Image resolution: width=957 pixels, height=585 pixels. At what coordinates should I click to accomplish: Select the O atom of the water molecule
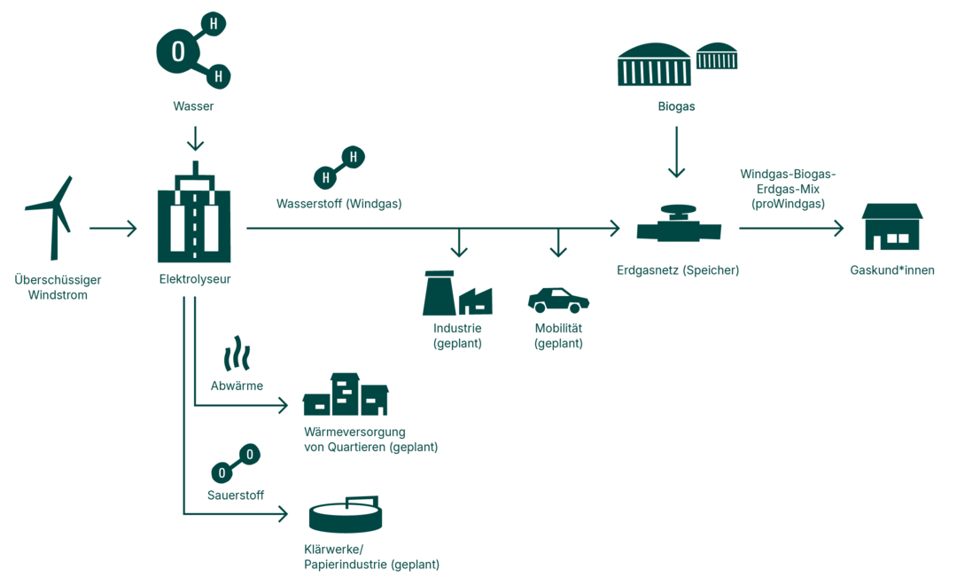pos(178,52)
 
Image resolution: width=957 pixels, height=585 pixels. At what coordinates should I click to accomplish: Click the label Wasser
pos(193,106)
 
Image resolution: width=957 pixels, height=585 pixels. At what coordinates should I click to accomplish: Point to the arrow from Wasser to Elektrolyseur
pos(195,138)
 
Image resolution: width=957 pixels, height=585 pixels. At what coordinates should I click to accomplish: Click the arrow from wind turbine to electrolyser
pos(113,229)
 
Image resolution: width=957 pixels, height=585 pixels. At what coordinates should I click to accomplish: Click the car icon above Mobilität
pos(558,300)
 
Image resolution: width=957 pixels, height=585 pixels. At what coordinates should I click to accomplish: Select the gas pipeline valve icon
pos(680,226)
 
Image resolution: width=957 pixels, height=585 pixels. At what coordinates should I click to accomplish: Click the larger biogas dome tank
pos(654,65)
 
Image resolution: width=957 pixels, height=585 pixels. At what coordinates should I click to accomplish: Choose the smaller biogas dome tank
pos(717,57)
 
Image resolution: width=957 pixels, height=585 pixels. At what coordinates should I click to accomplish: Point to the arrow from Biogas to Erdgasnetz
pos(677,152)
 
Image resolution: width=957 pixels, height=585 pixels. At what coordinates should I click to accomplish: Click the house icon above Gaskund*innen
pos(892,227)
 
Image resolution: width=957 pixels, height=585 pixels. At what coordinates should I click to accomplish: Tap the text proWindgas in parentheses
pos(788,204)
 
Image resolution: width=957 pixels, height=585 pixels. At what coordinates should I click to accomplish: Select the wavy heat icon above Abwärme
pos(237,354)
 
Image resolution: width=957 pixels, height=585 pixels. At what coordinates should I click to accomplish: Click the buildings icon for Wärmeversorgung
pos(346,394)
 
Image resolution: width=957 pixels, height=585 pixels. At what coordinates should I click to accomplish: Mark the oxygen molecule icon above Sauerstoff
pos(236,464)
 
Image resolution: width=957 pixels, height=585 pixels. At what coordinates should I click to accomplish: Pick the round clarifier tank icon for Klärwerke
pos(346,515)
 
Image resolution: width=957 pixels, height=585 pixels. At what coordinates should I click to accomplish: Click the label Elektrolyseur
pos(195,280)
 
